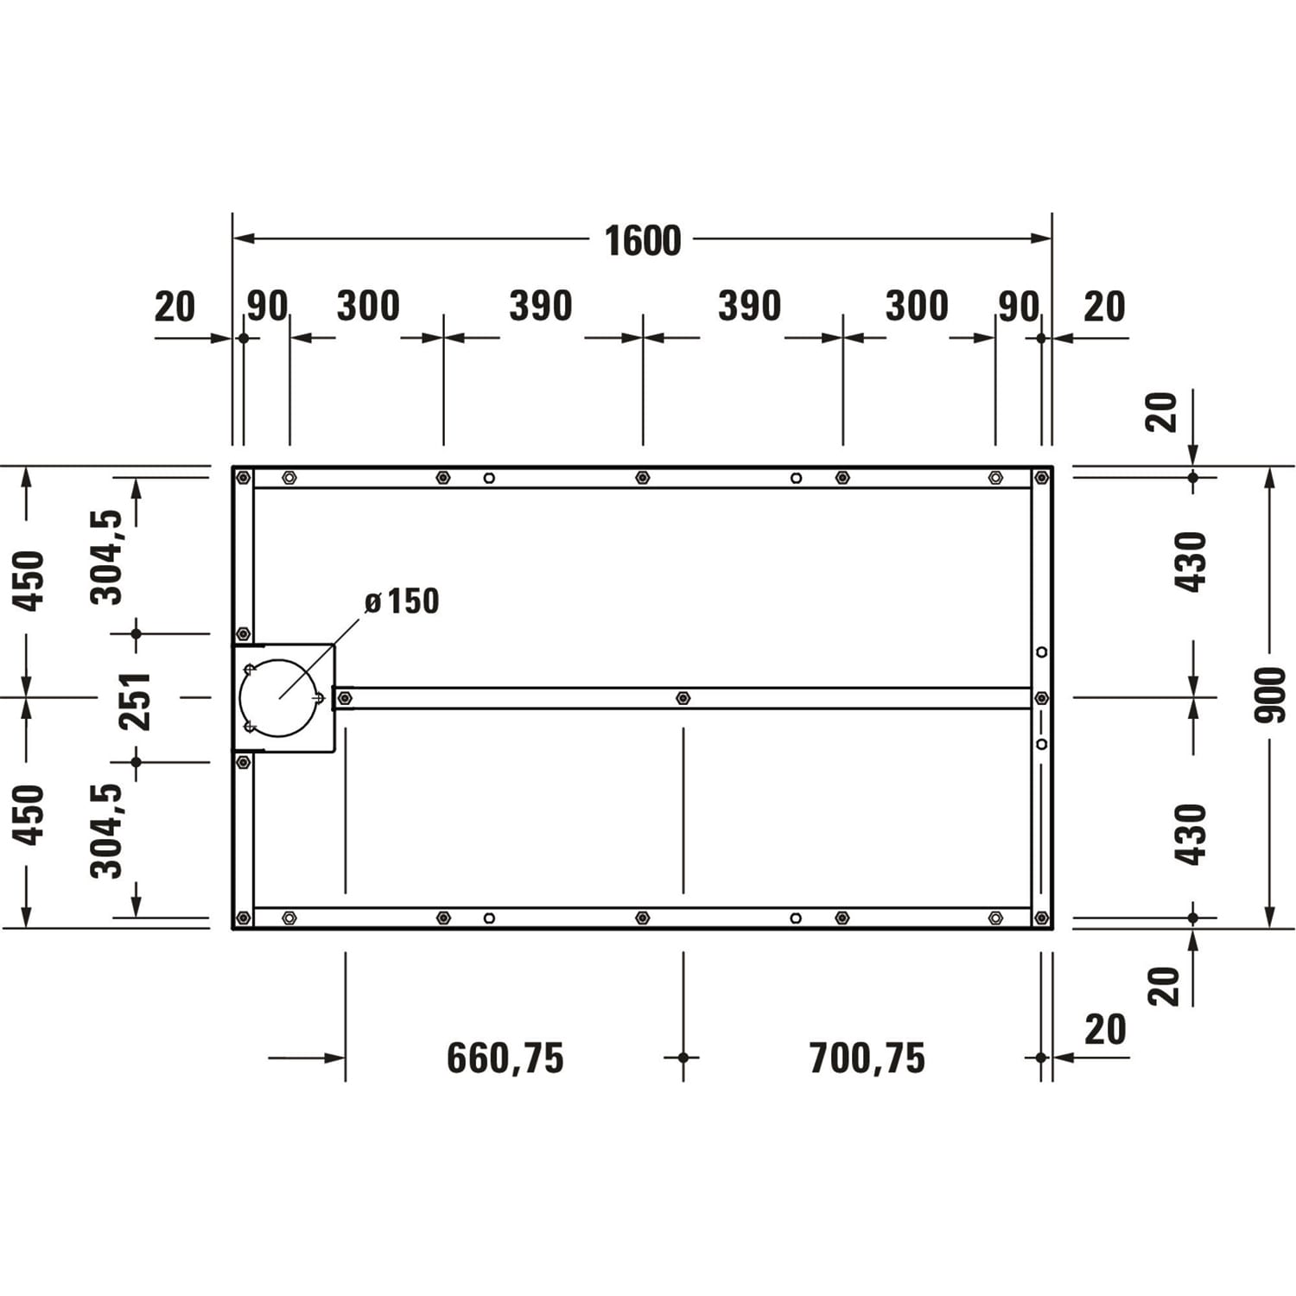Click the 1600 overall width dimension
pos(643,240)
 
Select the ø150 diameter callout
pos(402,601)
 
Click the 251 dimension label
pos(136,701)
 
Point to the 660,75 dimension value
pos(505,1058)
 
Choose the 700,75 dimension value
pos(867,1058)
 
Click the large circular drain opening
pos(278,698)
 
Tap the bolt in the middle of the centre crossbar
pos(683,697)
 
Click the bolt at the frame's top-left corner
pos(244,477)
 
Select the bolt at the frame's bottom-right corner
pos(1041,918)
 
